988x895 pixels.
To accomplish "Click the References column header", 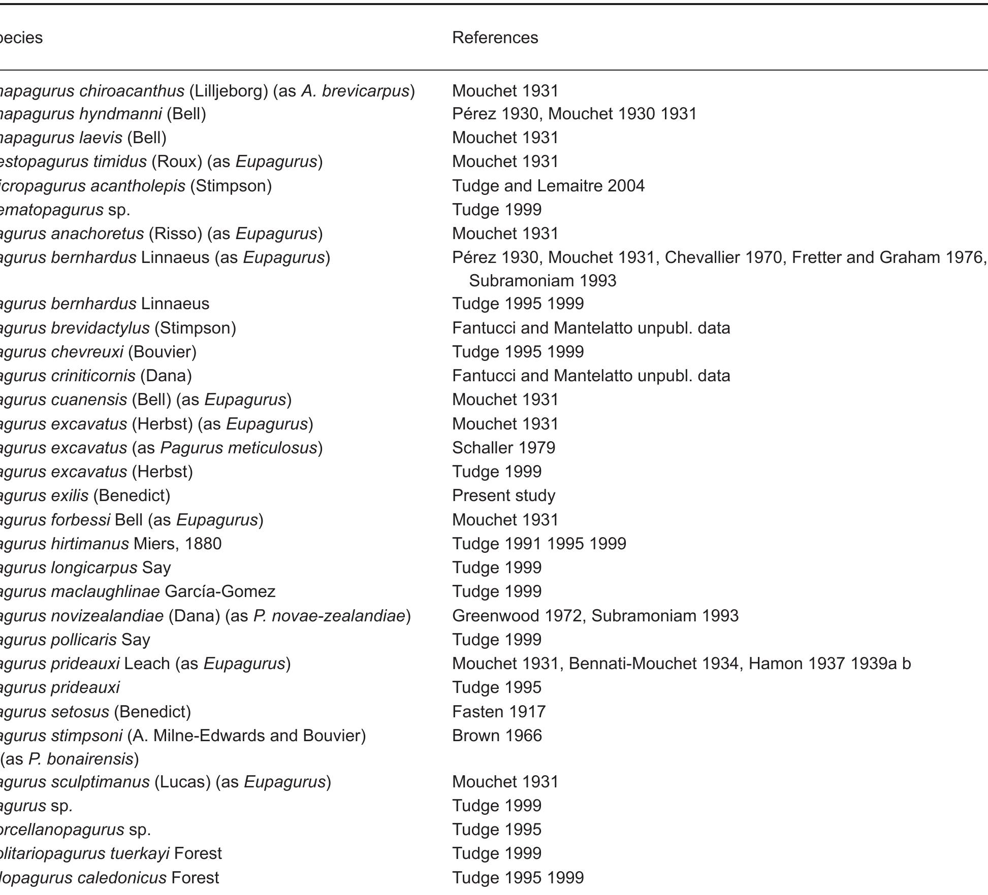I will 495,38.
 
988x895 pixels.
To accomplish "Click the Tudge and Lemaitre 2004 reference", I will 548,186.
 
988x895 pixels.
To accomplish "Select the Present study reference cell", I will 503,495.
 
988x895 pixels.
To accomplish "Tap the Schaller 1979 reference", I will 503,448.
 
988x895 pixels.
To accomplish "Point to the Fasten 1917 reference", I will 499,712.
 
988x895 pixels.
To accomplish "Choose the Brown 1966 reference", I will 497,736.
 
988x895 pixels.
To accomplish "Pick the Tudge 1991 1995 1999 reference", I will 539,544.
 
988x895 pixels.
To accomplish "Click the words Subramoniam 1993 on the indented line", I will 543,281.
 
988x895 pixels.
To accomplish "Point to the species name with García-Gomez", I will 137,591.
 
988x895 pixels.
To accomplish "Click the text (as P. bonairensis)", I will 70,759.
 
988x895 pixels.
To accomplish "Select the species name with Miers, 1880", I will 110,544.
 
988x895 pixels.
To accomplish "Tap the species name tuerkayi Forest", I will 110,853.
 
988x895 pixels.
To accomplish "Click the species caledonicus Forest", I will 109,878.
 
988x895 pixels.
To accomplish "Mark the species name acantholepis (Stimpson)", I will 136,186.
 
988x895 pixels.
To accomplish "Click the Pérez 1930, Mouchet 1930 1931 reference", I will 574,114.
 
